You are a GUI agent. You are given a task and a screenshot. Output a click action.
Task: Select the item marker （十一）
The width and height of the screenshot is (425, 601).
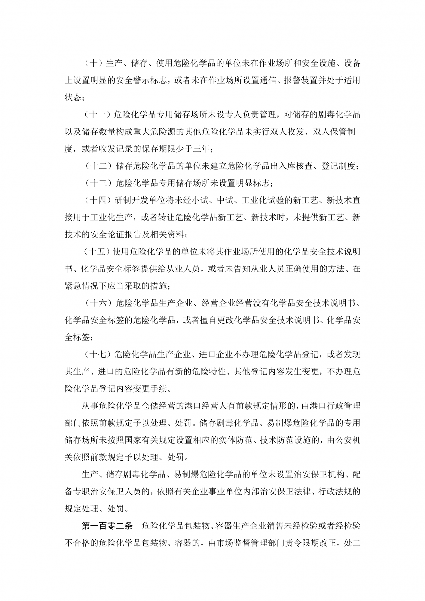click(97, 115)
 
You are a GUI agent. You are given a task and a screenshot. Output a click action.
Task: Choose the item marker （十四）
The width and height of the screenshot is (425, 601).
click(97, 200)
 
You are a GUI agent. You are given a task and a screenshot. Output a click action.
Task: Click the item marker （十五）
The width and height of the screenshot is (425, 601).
click(97, 252)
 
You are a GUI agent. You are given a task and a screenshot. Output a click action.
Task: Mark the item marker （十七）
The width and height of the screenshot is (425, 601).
click(97, 354)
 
